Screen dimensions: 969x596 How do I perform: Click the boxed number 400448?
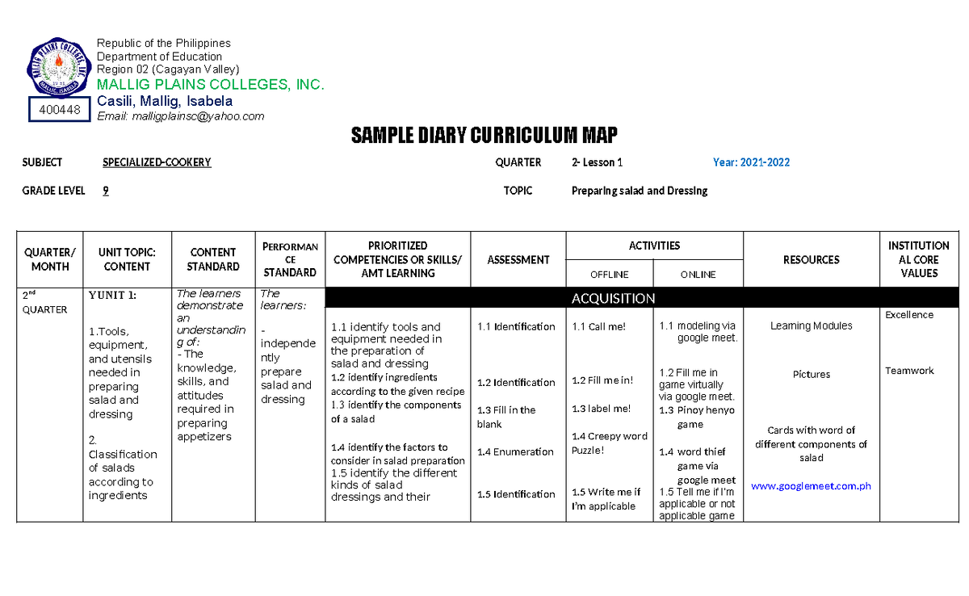58,110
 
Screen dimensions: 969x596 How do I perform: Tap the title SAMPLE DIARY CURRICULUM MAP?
484,135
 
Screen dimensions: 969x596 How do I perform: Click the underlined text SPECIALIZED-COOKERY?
157,162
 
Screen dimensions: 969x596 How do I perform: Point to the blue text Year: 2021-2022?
751,162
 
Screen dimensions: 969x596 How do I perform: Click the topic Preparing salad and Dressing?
640,191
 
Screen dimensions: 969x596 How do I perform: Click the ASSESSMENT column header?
518,259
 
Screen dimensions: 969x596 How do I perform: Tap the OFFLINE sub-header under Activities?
610,275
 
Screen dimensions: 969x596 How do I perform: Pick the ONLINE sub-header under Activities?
698,275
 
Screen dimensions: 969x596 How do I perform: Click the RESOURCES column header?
811,259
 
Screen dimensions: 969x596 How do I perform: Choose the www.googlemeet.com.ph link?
811,486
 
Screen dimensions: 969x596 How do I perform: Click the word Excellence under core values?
909,315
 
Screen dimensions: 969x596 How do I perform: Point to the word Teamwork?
909,371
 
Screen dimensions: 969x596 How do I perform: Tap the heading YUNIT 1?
113,295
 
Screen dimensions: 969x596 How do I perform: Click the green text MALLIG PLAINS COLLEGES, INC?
210,85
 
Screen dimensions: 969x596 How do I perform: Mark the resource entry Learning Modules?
811,326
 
